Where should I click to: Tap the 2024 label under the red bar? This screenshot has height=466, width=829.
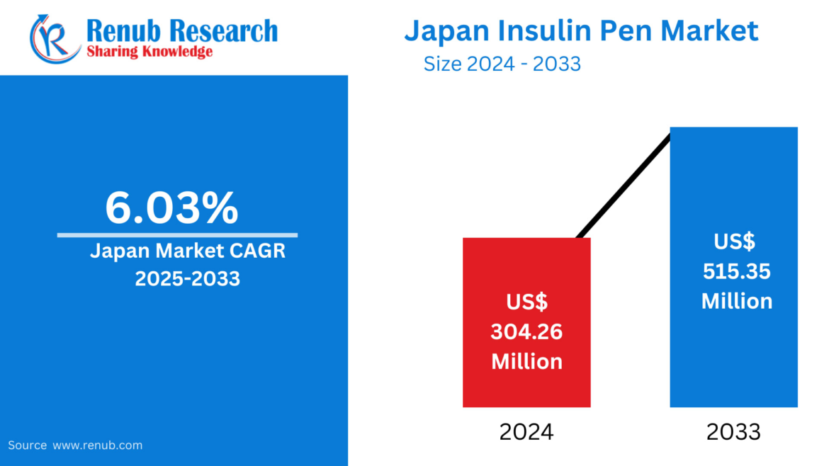tap(526, 431)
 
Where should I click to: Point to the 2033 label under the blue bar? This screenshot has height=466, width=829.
tap(733, 431)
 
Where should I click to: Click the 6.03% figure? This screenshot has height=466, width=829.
tap(172, 208)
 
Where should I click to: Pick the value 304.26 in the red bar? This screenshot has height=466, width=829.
tap(526, 331)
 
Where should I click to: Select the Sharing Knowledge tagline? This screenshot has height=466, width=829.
tap(150, 52)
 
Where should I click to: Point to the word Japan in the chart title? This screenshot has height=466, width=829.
tap(442, 31)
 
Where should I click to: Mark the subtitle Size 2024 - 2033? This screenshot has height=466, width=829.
tap(502, 64)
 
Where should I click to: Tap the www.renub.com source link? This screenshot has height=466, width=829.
tap(98, 445)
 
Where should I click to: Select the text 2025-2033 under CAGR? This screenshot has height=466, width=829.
tap(188, 278)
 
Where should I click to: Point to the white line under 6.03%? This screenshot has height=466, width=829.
tap(177, 234)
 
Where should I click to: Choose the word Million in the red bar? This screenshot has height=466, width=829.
tap(526, 361)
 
